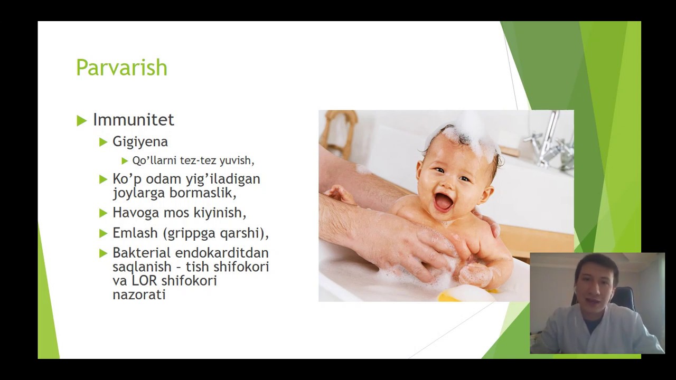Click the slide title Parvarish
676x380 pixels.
(x=121, y=68)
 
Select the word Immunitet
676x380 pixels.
(x=133, y=120)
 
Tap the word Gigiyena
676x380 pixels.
(x=140, y=141)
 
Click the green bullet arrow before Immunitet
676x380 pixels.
(x=81, y=121)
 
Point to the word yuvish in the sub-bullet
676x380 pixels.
(x=237, y=160)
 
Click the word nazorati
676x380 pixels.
(x=139, y=294)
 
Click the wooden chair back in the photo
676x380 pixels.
(x=338, y=132)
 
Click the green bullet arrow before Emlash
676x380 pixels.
(x=103, y=233)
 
